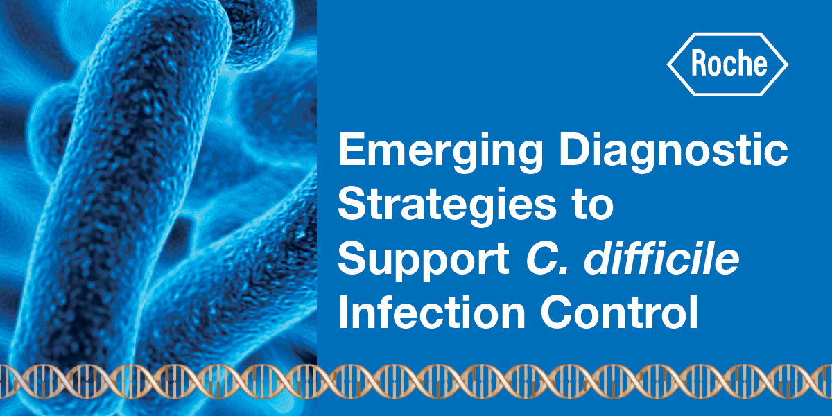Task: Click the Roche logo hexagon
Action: [727, 64]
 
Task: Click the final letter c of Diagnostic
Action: [775, 154]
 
